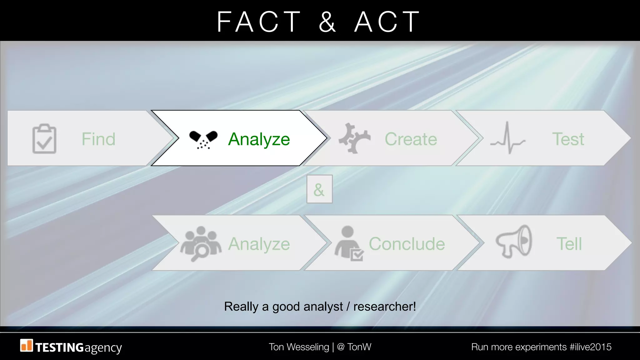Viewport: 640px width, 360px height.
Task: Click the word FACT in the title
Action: click(x=259, y=22)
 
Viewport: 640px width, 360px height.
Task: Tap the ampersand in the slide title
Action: click(x=327, y=22)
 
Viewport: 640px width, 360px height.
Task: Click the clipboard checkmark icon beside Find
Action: click(x=44, y=139)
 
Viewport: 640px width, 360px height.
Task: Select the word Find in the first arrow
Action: click(x=98, y=139)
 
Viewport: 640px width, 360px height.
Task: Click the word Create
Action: click(x=411, y=139)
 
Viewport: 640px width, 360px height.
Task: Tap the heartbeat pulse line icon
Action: click(x=507, y=138)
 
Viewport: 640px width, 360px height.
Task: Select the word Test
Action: click(x=568, y=139)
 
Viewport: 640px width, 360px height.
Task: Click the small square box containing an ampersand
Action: click(x=319, y=189)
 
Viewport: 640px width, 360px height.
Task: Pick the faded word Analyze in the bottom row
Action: click(x=259, y=244)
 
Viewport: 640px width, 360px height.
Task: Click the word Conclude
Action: click(x=407, y=244)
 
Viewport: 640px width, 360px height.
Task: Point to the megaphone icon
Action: click(x=514, y=242)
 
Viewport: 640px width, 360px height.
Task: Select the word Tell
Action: click(x=569, y=244)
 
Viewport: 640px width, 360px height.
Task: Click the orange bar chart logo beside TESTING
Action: click(x=27, y=346)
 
